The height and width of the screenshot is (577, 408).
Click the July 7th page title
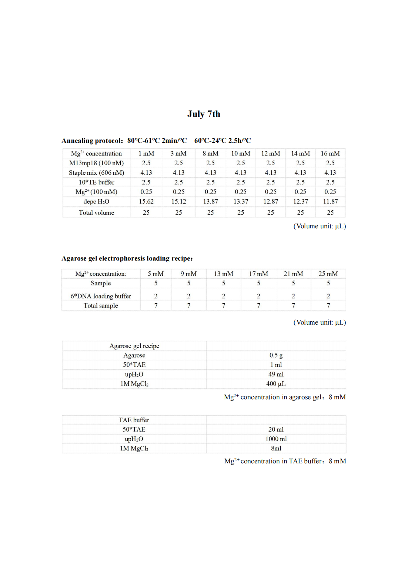204,114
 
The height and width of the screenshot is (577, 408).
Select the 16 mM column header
330,154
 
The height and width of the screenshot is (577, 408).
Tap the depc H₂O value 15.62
146,202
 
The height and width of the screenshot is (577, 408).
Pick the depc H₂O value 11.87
330,202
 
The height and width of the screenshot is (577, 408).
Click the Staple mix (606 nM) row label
96,173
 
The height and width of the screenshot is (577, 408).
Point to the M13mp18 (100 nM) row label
96,163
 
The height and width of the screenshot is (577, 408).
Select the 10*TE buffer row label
96,182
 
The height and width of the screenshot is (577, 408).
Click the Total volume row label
96,213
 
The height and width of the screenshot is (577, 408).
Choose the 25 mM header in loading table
328,274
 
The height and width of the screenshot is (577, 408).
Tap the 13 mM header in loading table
223,274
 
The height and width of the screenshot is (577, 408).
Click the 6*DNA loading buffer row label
101,296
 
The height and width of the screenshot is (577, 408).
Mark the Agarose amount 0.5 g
276,355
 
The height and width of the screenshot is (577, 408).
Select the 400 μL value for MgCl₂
276,384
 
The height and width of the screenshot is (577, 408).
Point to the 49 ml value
276,374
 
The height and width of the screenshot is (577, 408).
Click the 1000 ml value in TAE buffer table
276,439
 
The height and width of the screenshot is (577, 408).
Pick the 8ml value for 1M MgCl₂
276,449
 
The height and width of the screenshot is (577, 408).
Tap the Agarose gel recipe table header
134,346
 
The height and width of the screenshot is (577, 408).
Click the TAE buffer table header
134,420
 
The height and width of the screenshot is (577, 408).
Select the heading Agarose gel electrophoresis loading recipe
127,258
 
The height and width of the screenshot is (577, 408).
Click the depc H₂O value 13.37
241,202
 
